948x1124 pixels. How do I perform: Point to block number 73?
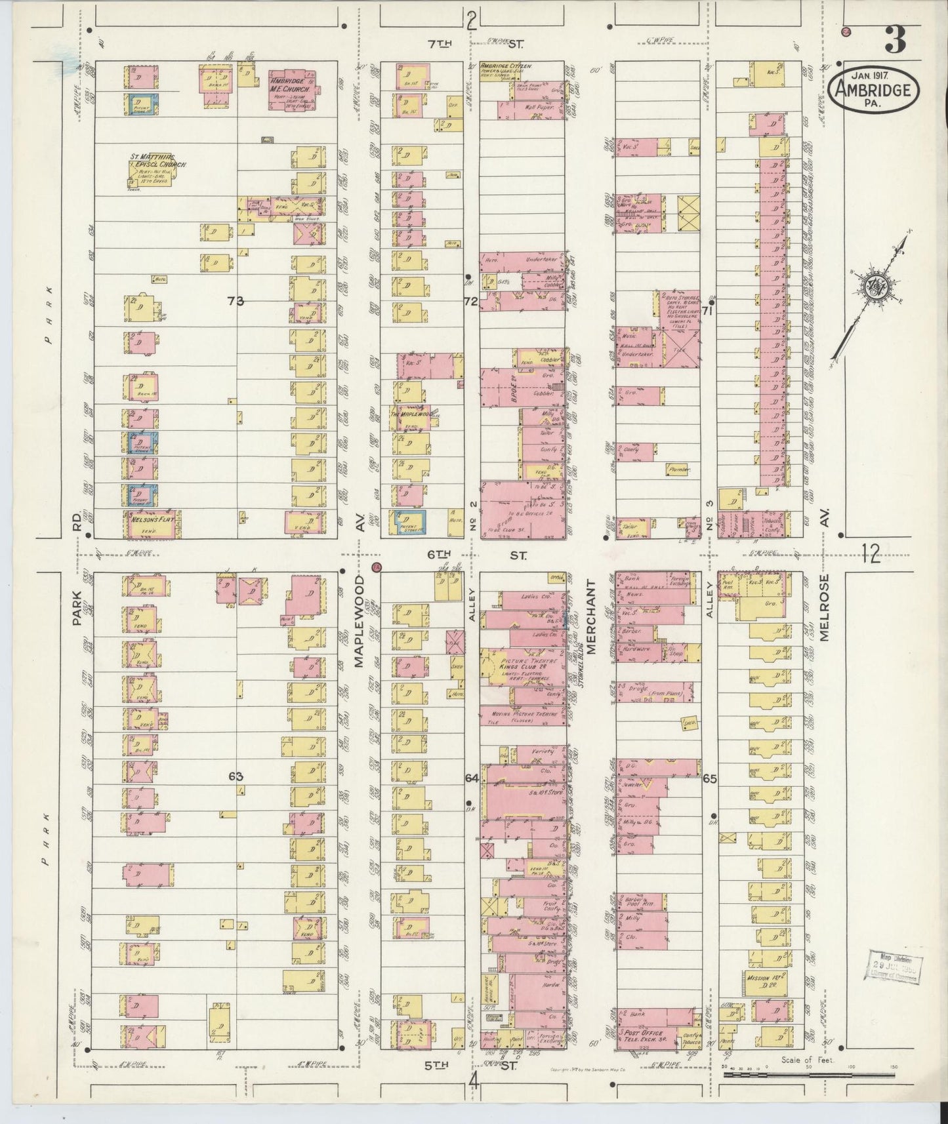pyautogui.click(x=236, y=301)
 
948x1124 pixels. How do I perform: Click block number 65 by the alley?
pyautogui.click(x=709, y=779)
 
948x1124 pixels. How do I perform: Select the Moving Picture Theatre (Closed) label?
pyautogui.click(x=524, y=717)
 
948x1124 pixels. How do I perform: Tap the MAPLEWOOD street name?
pyautogui.click(x=360, y=621)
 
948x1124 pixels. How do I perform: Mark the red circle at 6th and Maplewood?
pyautogui.click(x=377, y=567)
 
